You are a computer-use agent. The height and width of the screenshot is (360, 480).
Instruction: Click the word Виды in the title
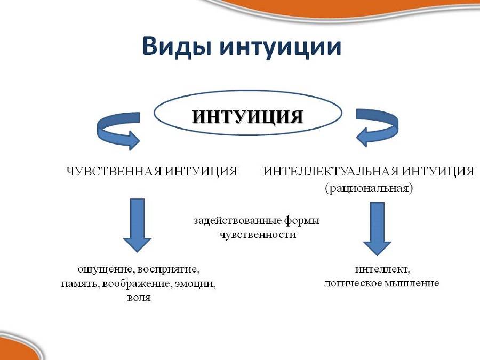[x=177, y=46]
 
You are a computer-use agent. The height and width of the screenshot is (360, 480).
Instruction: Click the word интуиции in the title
[x=280, y=47]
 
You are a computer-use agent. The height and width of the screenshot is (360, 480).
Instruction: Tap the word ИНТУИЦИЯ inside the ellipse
[x=247, y=116]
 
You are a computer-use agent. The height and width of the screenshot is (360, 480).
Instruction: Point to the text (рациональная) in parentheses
[x=369, y=188]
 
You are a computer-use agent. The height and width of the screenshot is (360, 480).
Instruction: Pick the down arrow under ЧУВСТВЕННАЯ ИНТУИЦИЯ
[x=137, y=225]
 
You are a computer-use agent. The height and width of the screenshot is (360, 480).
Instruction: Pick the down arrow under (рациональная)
[x=377, y=229]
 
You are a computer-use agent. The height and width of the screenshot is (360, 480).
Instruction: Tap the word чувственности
[x=258, y=235]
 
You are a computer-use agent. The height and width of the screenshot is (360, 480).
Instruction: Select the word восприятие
[x=169, y=270]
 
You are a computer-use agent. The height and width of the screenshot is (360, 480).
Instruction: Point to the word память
[x=80, y=284]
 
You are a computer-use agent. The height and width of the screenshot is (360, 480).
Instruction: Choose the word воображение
[x=137, y=284]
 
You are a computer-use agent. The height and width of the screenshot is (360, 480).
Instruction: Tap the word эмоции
[x=195, y=284]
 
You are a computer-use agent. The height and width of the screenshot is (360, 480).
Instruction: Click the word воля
[x=139, y=298]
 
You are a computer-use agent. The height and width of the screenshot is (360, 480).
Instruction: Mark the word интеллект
[x=382, y=270]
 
